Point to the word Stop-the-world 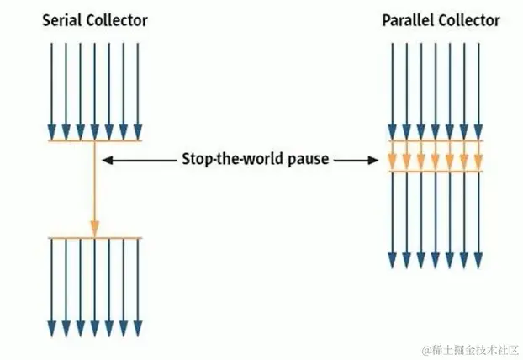pyautogui.click(x=226, y=159)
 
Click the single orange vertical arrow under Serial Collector pyautogui.click(x=94, y=185)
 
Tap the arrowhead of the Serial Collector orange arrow pyautogui.click(x=94, y=227)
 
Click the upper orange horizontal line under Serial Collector pyautogui.click(x=94, y=140)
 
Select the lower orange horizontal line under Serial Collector pyautogui.click(x=94, y=238)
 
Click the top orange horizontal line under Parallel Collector pyautogui.click(x=436, y=141)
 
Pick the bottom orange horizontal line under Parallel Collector pyautogui.click(x=436, y=172)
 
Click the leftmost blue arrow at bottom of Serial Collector pyautogui.click(x=51, y=286)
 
